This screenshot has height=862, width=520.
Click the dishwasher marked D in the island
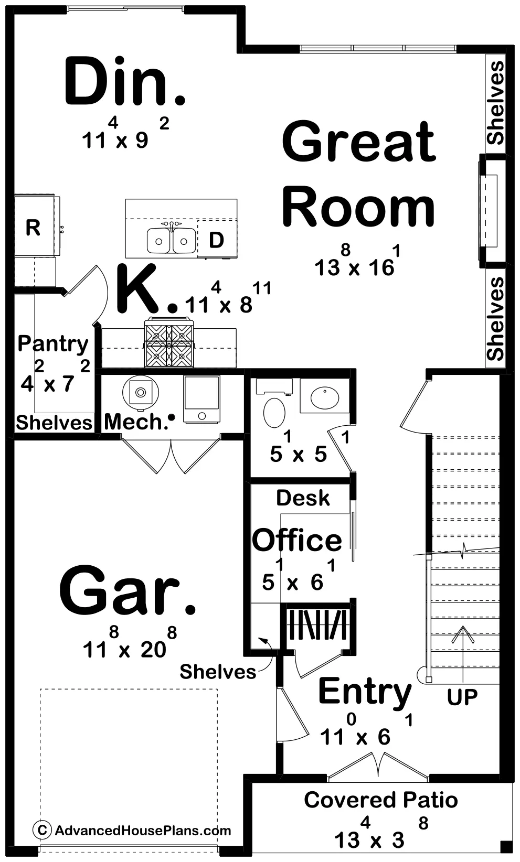coord(216,240)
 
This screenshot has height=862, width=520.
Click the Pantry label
coord(53,344)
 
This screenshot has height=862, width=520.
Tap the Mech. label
coord(136,422)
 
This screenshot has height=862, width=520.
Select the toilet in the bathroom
coord(273,413)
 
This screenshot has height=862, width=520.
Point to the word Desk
coord(303,498)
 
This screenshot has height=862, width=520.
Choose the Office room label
coord(297,540)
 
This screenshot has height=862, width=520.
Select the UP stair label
coord(462,697)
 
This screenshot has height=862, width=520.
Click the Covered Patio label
coord(380,800)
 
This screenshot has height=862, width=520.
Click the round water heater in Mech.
coord(140,391)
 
